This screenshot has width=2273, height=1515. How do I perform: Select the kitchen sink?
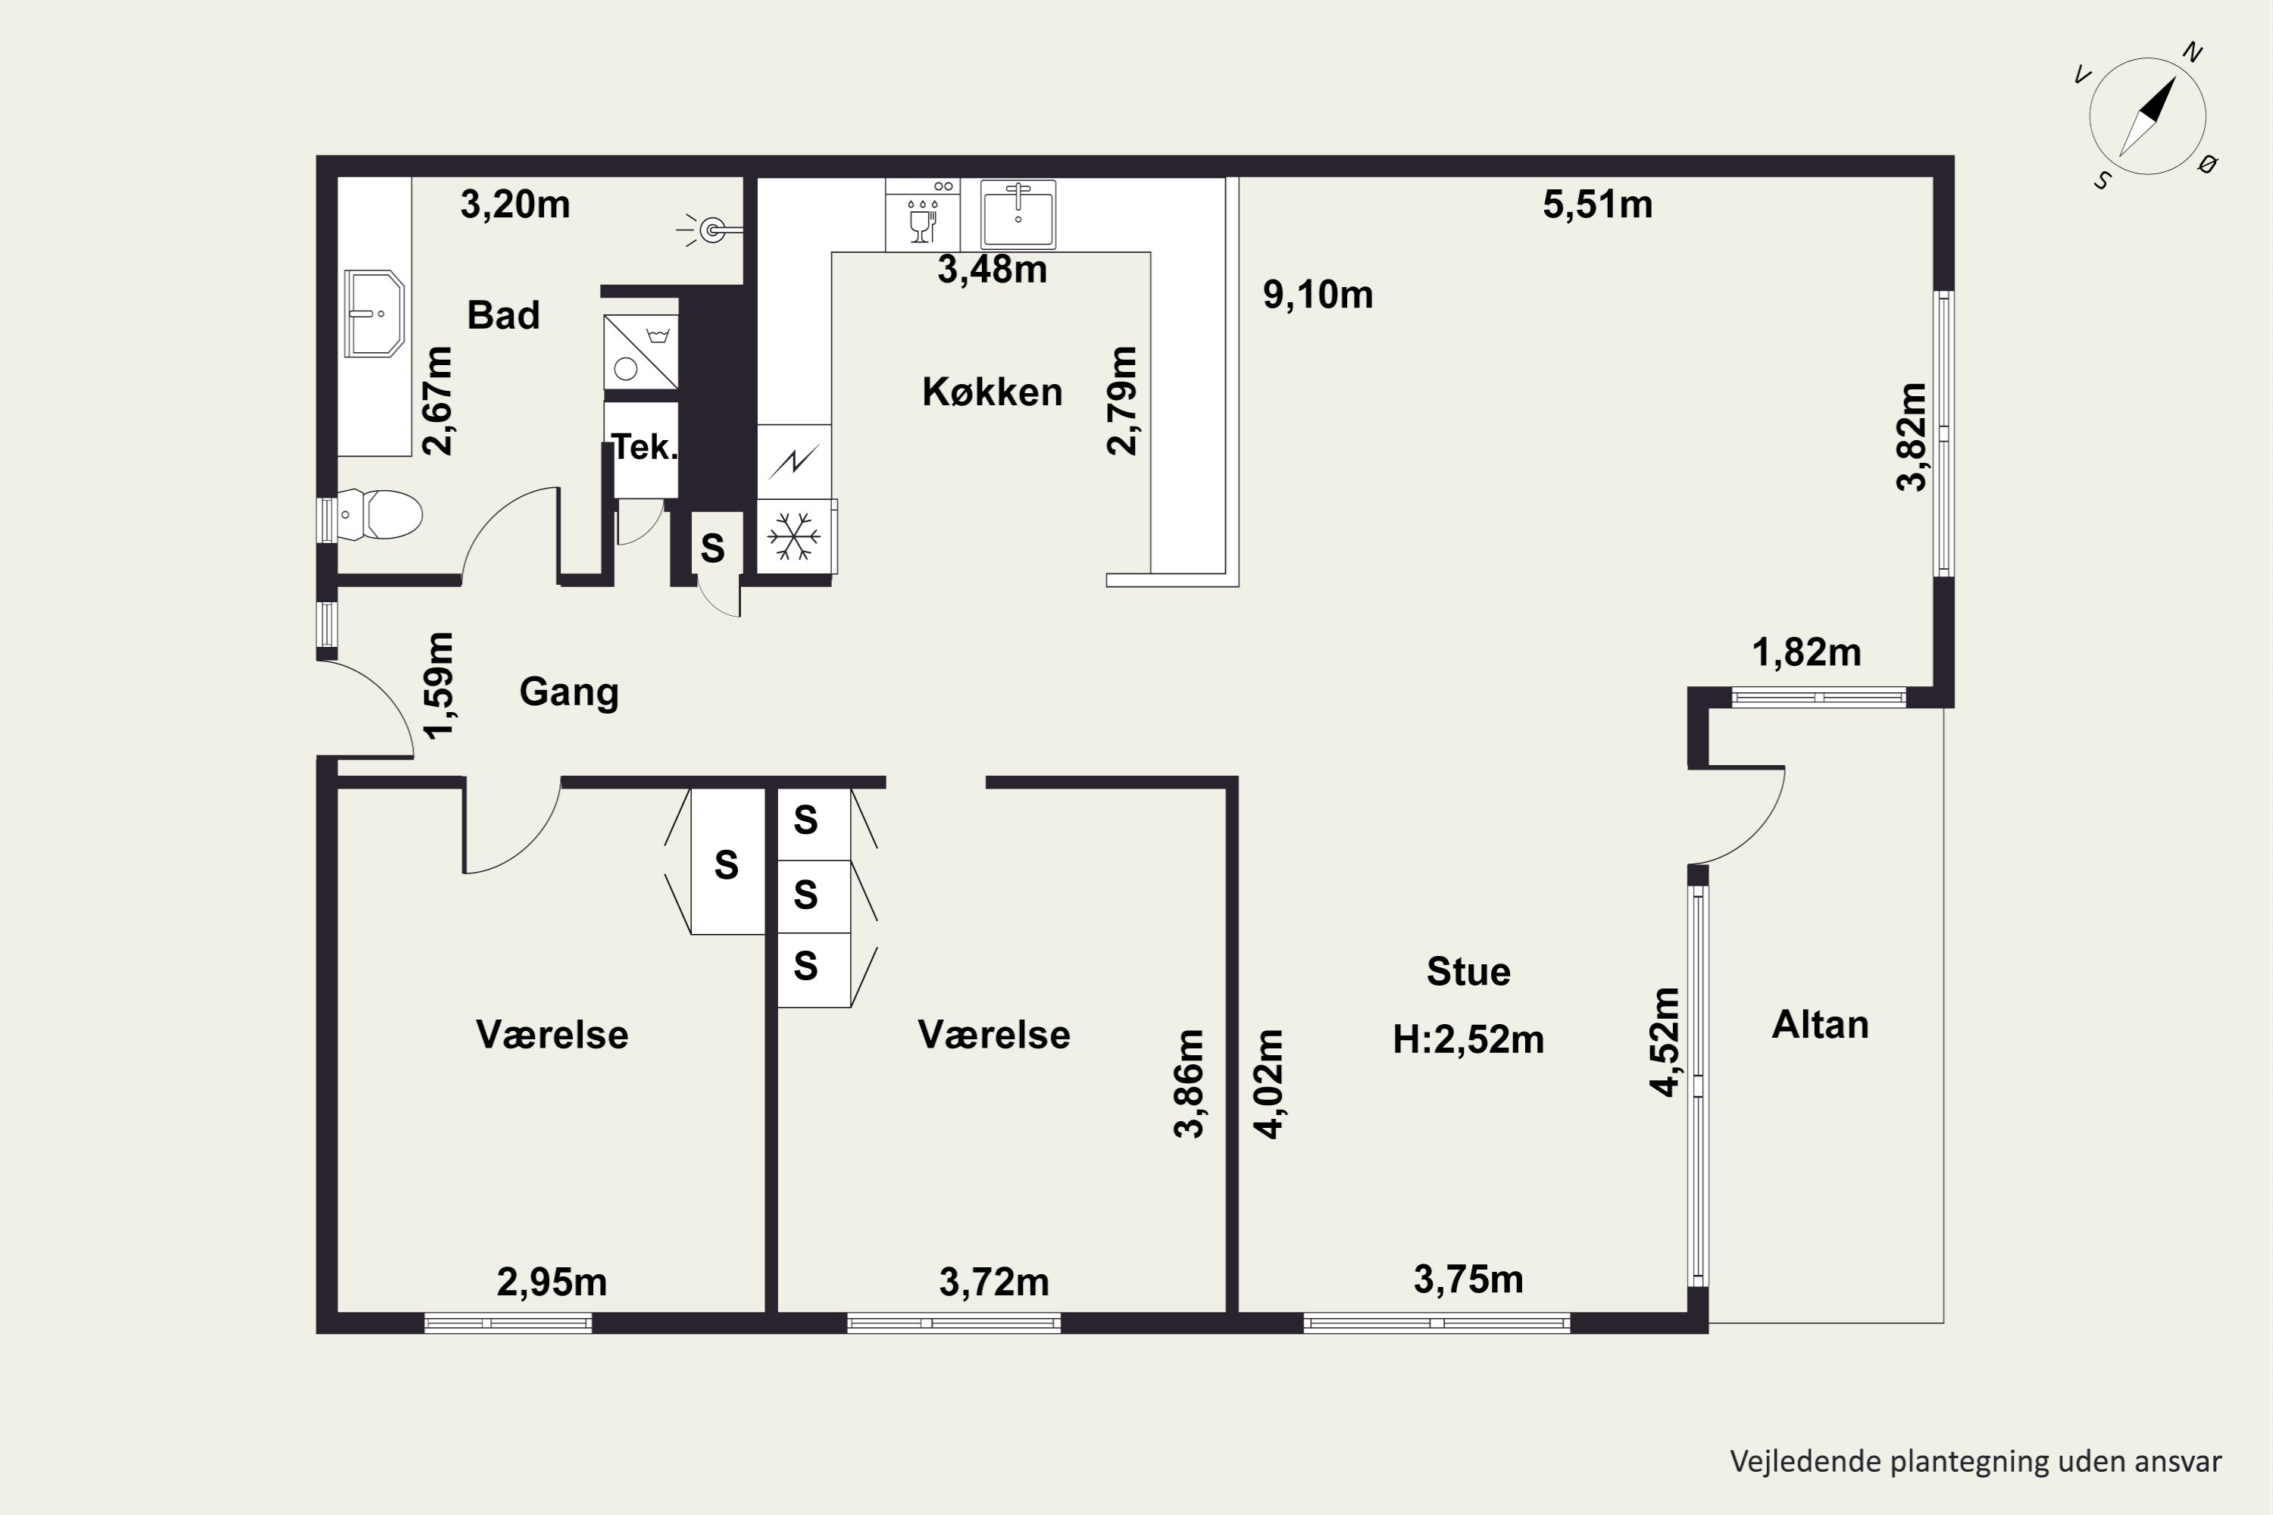click(x=1018, y=214)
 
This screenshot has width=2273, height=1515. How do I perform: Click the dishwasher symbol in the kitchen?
click(x=923, y=215)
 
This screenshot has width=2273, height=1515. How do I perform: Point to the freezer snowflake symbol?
click(x=793, y=536)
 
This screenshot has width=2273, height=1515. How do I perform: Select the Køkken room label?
click(x=992, y=392)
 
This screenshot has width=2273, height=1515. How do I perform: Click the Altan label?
click(x=1820, y=1024)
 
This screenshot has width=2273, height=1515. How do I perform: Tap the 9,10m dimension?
click(x=1318, y=295)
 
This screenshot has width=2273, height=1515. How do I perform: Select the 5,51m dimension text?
click(x=1596, y=205)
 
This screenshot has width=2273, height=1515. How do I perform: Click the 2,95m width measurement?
click(x=551, y=1282)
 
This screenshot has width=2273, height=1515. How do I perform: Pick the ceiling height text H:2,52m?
click(x=1468, y=1039)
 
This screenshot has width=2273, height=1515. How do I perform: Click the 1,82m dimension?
click(x=1806, y=653)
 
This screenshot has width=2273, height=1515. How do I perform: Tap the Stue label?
click(x=1468, y=972)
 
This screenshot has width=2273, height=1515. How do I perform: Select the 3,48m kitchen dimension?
click(x=992, y=270)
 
